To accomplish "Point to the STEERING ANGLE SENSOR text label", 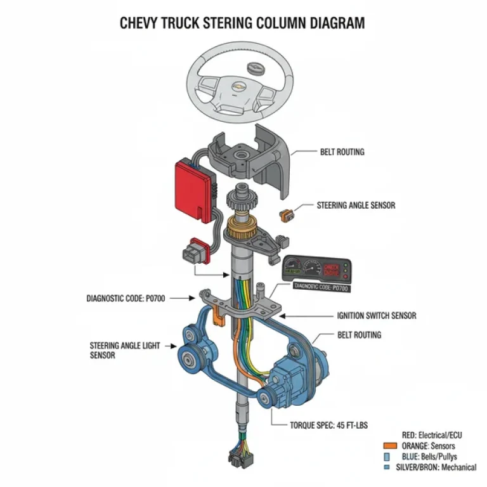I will [356, 205].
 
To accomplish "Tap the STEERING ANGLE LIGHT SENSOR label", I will [123, 351].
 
